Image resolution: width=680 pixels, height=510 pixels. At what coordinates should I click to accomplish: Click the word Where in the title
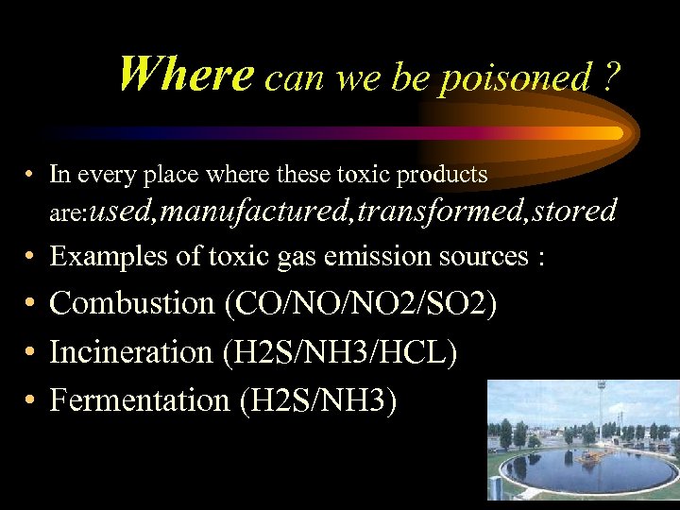point(186,74)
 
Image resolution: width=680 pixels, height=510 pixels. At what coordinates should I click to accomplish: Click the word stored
point(573,210)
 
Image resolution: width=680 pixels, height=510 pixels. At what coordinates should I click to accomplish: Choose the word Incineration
point(131,352)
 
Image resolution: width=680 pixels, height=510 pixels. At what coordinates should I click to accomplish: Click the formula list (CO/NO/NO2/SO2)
point(361,304)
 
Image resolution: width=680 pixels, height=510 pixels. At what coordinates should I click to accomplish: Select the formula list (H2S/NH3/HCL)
point(340,352)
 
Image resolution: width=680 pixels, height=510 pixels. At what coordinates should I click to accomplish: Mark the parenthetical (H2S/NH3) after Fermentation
point(318,400)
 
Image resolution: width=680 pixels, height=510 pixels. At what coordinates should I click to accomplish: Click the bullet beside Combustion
point(31,304)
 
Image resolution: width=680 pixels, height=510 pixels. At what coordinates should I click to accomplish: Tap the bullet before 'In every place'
point(31,175)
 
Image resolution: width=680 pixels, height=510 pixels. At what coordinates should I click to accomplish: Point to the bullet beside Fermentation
point(31,400)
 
